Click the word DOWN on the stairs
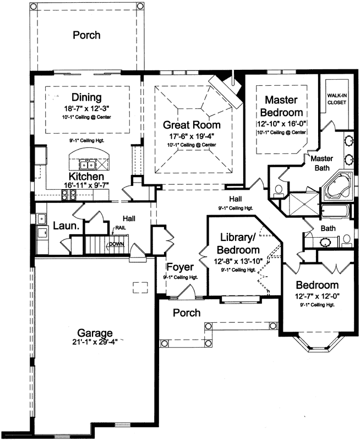(116, 244)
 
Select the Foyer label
(180, 268)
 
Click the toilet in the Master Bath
(278, 191)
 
